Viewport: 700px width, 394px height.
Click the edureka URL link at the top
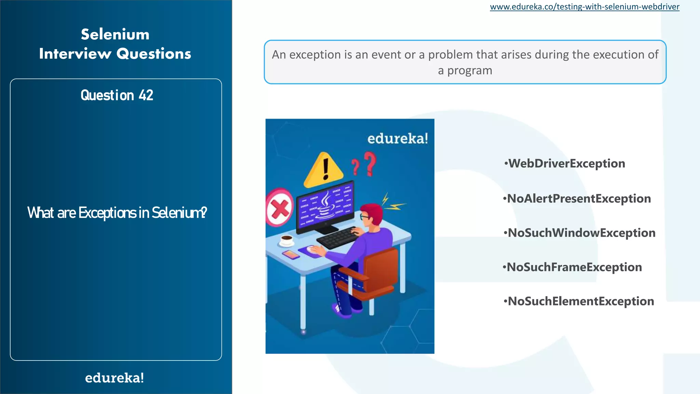coord(584,7)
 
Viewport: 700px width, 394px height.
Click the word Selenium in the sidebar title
coord(115,35)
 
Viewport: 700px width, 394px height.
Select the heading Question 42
coord(117,95)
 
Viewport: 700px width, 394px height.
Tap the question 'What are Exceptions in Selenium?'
coord(117,213)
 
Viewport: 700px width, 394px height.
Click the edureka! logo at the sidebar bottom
coord(115,378)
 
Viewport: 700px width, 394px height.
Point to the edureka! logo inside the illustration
coord(398,139)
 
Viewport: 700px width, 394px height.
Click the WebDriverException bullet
coord(566,163)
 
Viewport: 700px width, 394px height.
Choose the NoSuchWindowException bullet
coord(581,233)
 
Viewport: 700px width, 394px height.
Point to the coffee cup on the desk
coord(286,240)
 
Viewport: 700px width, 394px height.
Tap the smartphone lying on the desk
coord(291,254)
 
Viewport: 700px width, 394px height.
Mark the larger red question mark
coord(370,163)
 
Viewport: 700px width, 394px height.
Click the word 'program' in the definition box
coord(470,70)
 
